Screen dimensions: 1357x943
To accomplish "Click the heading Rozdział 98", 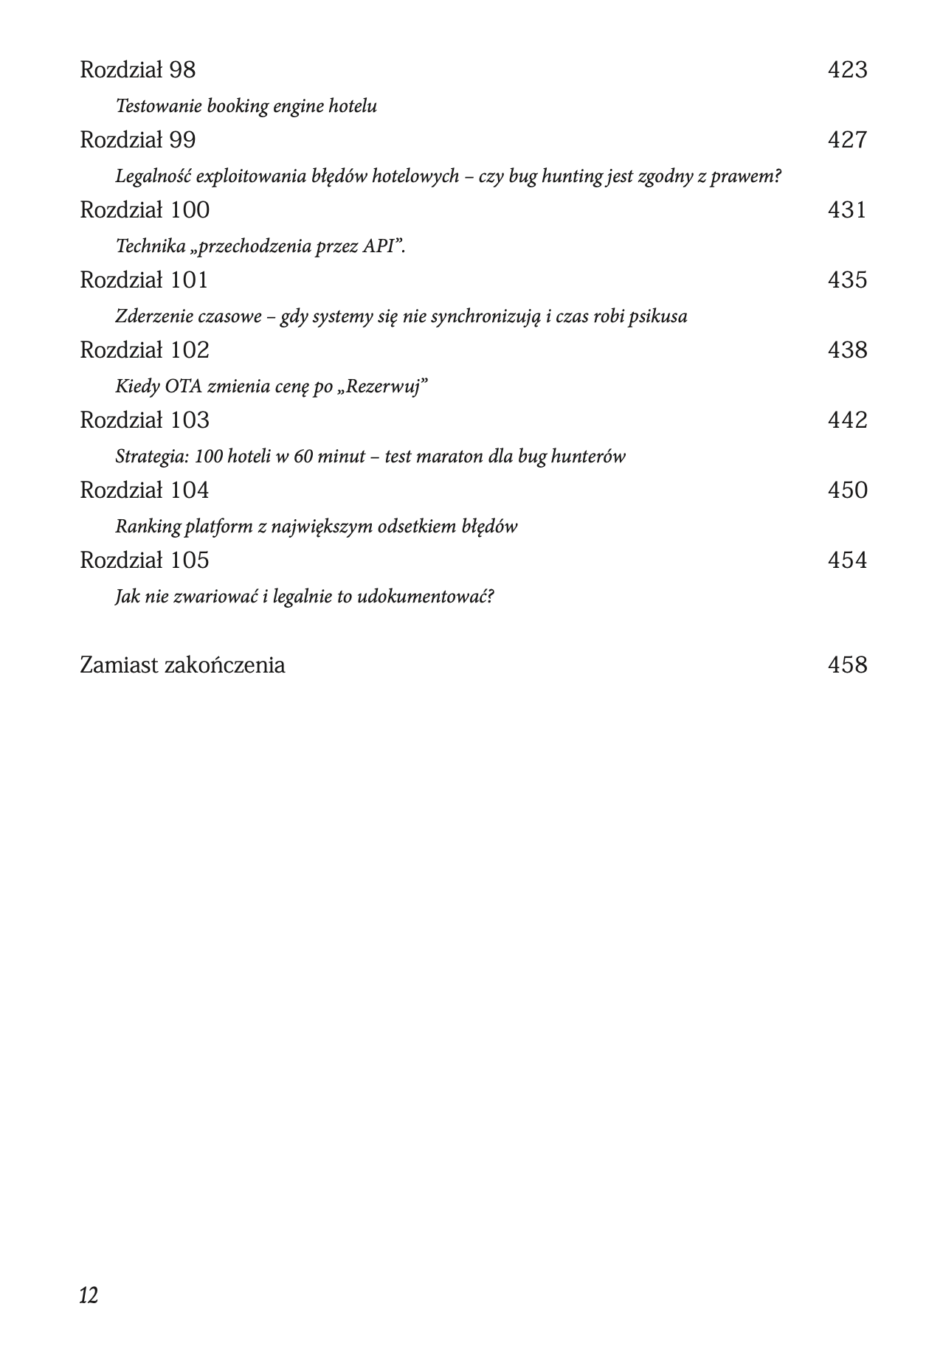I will (137, 70).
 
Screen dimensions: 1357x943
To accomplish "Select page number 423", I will (846, 70).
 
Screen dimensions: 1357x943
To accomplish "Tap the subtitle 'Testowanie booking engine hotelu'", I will (246, 106).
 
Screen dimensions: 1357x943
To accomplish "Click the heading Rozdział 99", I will (137, 140).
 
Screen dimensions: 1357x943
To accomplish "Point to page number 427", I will (846, 140).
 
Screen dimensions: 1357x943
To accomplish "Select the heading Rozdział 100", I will (145, 210).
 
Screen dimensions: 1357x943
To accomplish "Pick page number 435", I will (846, 280).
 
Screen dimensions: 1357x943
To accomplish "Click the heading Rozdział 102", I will (145, 350).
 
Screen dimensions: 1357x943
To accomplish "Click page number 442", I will (846, 420).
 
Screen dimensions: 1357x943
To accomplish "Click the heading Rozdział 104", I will (145, 490).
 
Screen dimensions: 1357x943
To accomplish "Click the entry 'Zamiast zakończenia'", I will (182, 665).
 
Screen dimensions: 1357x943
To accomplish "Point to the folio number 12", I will (89, 1295).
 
